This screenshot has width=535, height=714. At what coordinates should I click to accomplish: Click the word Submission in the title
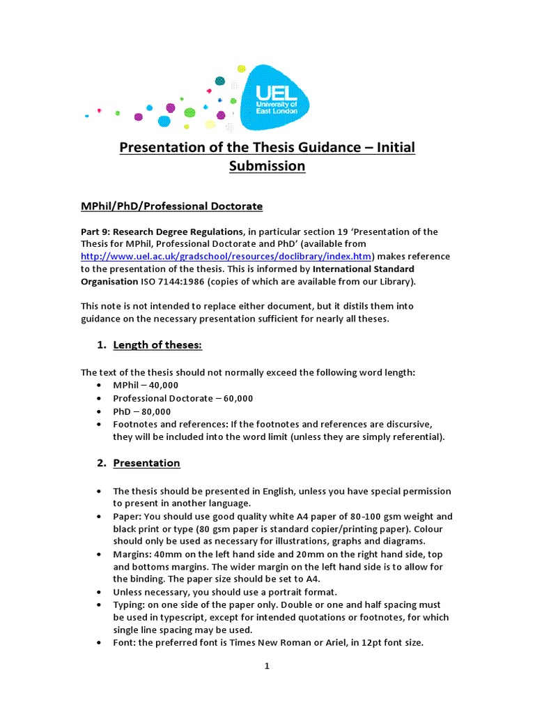point(267,166)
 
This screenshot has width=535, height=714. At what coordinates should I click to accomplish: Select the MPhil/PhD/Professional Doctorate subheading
point(171,206)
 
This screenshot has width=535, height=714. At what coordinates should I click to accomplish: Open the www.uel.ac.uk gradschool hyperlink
point(227,257)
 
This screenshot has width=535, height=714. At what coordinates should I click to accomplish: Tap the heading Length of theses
point(157,345)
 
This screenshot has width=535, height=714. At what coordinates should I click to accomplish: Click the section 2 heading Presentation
point(146,463)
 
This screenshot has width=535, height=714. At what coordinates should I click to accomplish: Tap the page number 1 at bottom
point(267,666)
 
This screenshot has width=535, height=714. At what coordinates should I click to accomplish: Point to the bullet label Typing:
point(130,605)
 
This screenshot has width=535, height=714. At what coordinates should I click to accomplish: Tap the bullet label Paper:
point(127,517)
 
